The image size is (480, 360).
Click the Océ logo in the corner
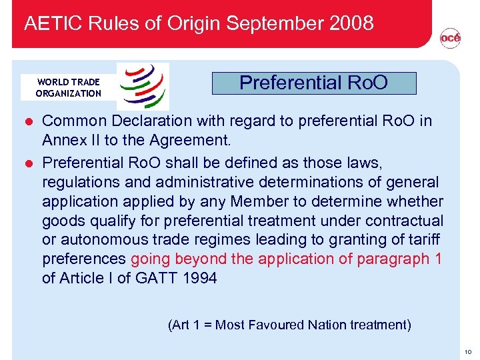coord(450,39)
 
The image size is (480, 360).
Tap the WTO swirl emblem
coord(143,86)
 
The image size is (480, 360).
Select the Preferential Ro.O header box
coord(313,83)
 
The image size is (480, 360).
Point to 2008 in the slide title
coord(351,24)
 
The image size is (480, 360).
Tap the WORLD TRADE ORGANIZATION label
coord(68,87)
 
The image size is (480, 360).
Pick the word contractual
coord(401,220)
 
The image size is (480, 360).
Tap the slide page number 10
coord(469,351)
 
